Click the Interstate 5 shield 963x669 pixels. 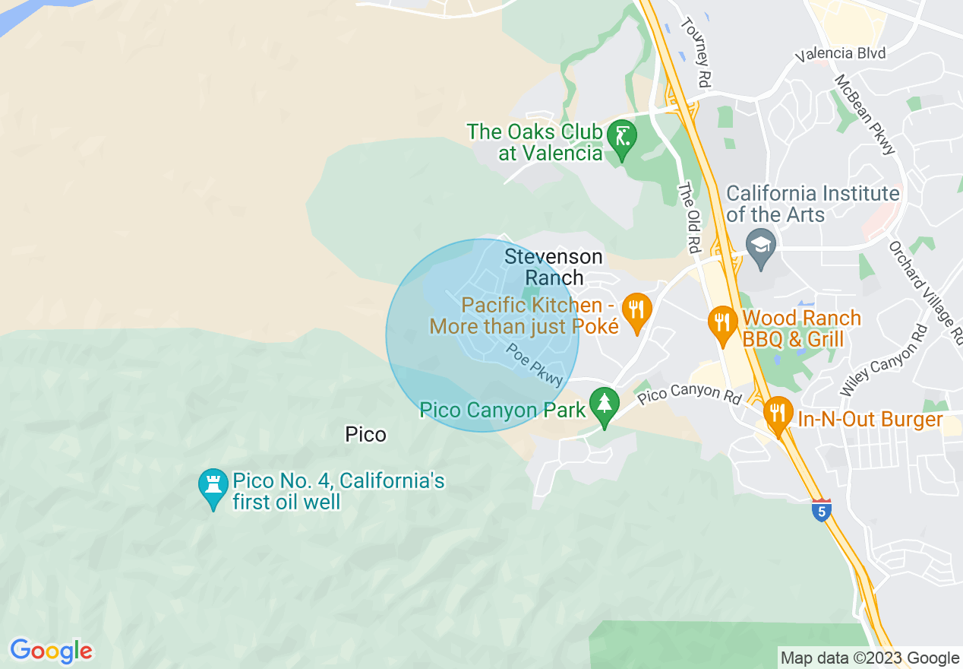(820, 510)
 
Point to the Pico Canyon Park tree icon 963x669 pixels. (605, 406)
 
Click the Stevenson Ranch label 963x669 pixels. (554, 267)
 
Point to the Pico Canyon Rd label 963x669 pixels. (689, 395)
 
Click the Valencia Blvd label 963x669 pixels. (840, 55)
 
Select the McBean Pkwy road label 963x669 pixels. (866, 114)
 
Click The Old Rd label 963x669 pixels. (689, 217)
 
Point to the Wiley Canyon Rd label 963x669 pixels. (883, 361)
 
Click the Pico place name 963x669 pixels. (365, 435)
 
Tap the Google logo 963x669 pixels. (51, 651)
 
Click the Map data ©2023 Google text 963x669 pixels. (870, 658)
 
